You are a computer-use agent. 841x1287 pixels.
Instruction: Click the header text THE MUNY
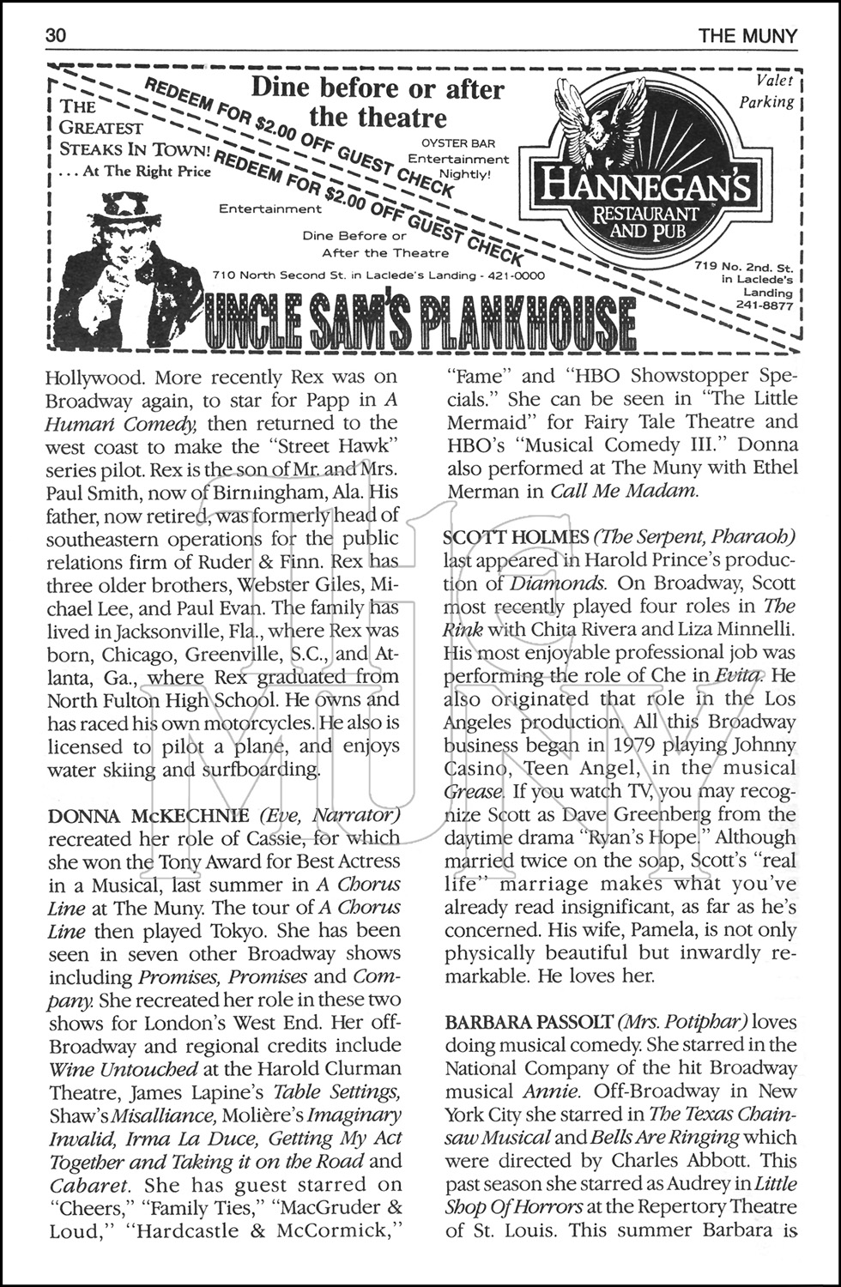pos(747,36)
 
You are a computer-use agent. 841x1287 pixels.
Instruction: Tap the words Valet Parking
pos(768,91)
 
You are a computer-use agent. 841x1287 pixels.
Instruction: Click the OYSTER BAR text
pos(458,143)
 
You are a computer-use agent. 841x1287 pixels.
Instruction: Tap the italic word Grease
pos(473,791)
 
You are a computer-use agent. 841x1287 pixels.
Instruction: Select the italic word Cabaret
pos(88,1186)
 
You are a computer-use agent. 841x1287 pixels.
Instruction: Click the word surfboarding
pos(258,769)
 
